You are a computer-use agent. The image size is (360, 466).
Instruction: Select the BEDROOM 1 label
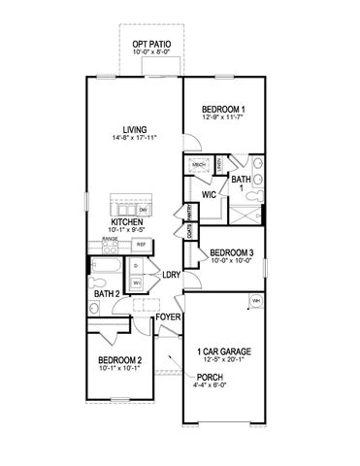click(x=223, y=108)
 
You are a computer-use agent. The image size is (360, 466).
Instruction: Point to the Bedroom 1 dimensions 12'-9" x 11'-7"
click(x=223, y=117)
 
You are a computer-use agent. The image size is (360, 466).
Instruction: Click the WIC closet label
click(x=209, y=194)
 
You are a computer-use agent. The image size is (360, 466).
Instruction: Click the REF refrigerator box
click(x=141, y=245)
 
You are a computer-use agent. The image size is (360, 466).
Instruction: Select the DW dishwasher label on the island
click(x=143, y=209)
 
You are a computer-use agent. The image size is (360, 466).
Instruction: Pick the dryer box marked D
click(x=136, y=265)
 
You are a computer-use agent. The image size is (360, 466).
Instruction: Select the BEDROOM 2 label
click(x=120, y=359)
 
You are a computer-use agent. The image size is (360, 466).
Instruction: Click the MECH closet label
click(x=200, y=166)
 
